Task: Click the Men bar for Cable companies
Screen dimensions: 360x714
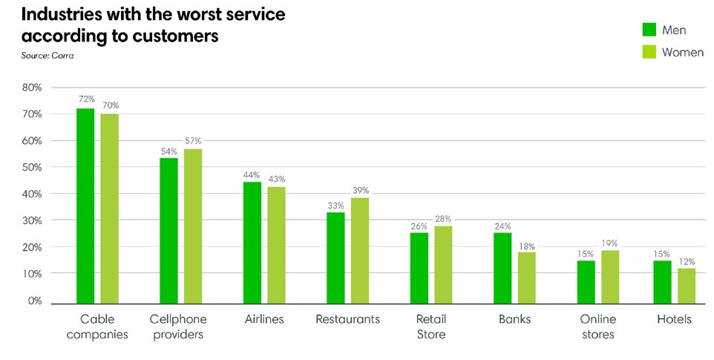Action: coord(85,206)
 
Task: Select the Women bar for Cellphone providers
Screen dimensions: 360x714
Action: coord(193,226)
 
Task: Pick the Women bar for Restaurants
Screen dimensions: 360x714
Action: coord(360,250)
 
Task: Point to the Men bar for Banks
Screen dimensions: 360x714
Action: coord(502,268)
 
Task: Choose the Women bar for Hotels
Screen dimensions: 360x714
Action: coord(687,286)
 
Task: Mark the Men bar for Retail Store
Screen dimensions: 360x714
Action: coord(419,268)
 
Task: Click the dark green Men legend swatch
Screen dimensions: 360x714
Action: coord(648,29)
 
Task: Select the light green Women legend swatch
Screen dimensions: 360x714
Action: coord(648,52)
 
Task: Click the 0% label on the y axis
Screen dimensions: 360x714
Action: coord(34,301)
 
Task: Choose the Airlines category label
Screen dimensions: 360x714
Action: coord(264,319)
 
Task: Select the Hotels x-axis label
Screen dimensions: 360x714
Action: coord(674,319)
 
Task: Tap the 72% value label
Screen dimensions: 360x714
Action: coord(85,99)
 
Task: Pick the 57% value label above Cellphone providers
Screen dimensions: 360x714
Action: coord(193,140)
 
